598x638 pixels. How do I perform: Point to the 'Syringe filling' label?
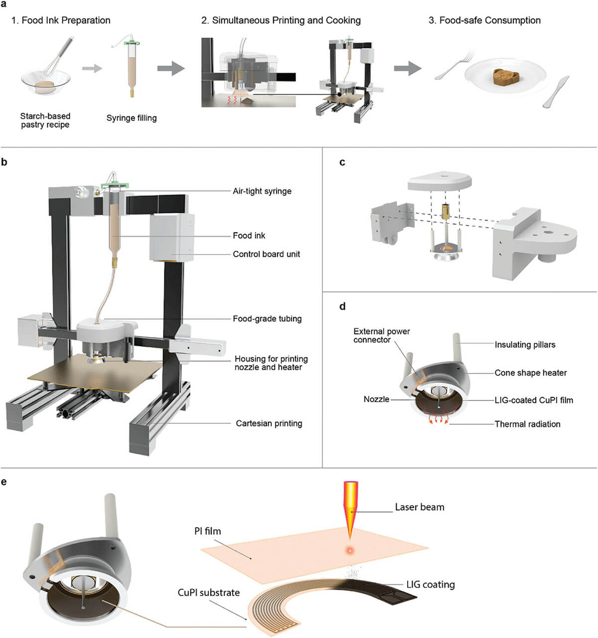132,118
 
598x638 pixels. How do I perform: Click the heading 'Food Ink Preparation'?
61,20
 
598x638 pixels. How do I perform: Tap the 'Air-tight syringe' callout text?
262,191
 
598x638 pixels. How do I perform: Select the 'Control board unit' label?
267,254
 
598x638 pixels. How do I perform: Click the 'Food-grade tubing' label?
267,319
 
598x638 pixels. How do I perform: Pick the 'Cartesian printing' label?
269,423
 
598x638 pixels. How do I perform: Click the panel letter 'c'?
342,162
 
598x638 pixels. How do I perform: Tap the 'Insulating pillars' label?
525,344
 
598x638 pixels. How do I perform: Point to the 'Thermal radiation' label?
527,424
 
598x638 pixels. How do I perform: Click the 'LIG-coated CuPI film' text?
534,400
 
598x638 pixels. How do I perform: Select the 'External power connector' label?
382,335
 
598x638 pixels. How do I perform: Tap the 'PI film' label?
207,531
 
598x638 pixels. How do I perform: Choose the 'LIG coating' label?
431,585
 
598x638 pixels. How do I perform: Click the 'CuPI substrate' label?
209,593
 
